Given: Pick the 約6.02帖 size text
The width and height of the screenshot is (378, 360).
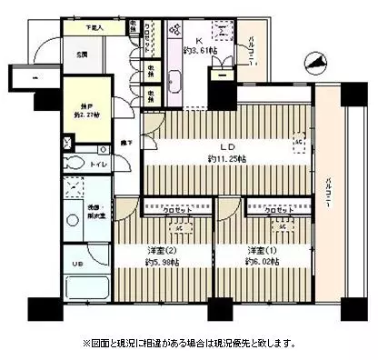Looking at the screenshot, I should click(257, 264).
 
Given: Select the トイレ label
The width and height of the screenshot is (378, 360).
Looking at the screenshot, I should click(99, 165).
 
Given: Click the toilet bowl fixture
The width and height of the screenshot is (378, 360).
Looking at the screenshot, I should click(76, 165).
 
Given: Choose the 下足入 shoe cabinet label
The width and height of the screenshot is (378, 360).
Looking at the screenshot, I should click(94, 28).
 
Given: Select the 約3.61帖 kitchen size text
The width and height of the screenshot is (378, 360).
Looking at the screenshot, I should click(201, 52).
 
